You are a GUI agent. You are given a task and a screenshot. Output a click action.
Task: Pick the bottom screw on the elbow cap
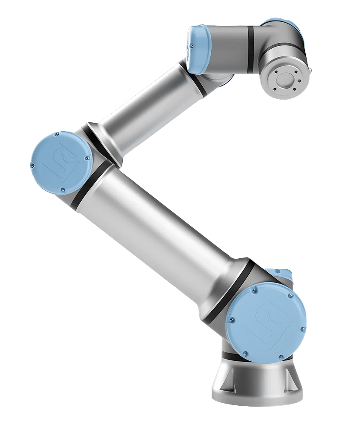coord(63,189)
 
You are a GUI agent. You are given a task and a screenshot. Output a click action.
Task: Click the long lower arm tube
coord(158,227)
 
